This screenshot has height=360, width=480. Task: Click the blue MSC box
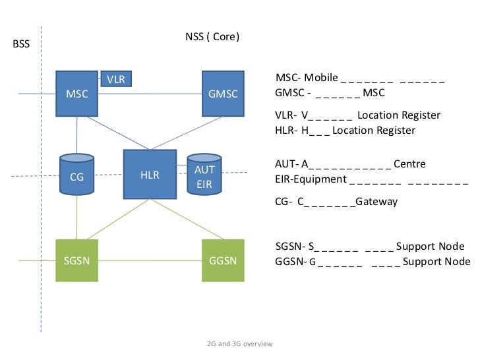76,94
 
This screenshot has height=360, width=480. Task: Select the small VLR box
115,79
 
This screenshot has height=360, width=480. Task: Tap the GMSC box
223,94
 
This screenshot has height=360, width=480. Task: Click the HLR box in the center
150,175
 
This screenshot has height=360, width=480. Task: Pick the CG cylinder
76,175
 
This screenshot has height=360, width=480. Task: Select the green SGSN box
76,260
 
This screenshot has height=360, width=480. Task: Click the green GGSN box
223,260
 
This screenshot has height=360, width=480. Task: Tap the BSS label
22,45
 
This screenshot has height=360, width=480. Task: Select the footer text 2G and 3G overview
239,344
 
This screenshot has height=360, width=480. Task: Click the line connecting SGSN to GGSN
150,260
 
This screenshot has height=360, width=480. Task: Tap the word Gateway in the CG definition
376,201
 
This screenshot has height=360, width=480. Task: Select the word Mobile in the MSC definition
321,78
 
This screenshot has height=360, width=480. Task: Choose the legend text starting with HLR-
345,131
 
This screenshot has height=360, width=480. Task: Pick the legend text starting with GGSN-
373,261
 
